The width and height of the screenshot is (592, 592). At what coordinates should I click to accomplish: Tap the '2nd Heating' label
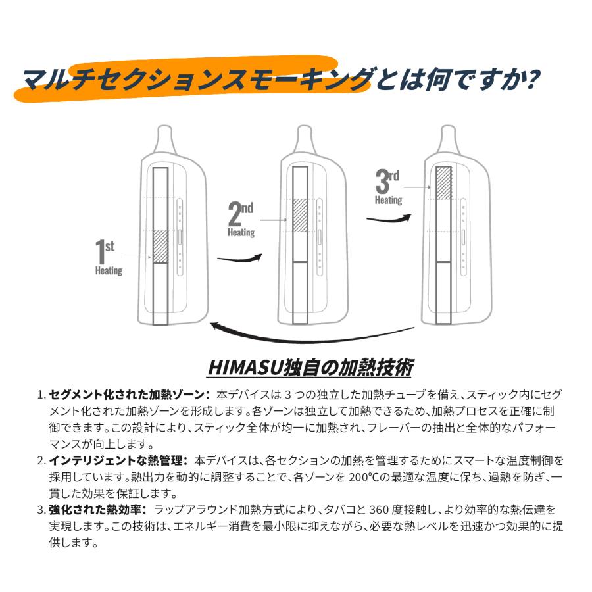[x=241, y=220]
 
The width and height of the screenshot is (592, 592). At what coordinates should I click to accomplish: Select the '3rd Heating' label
[x=387, y=187]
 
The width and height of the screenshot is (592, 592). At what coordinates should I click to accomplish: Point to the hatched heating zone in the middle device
[x=301, y=214]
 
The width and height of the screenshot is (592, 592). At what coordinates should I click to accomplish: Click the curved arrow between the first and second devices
[x=235, y=257]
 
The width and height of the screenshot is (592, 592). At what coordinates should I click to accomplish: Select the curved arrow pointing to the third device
[x=389, y=219]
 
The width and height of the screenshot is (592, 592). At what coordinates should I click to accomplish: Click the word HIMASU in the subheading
[x=241, y=366]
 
